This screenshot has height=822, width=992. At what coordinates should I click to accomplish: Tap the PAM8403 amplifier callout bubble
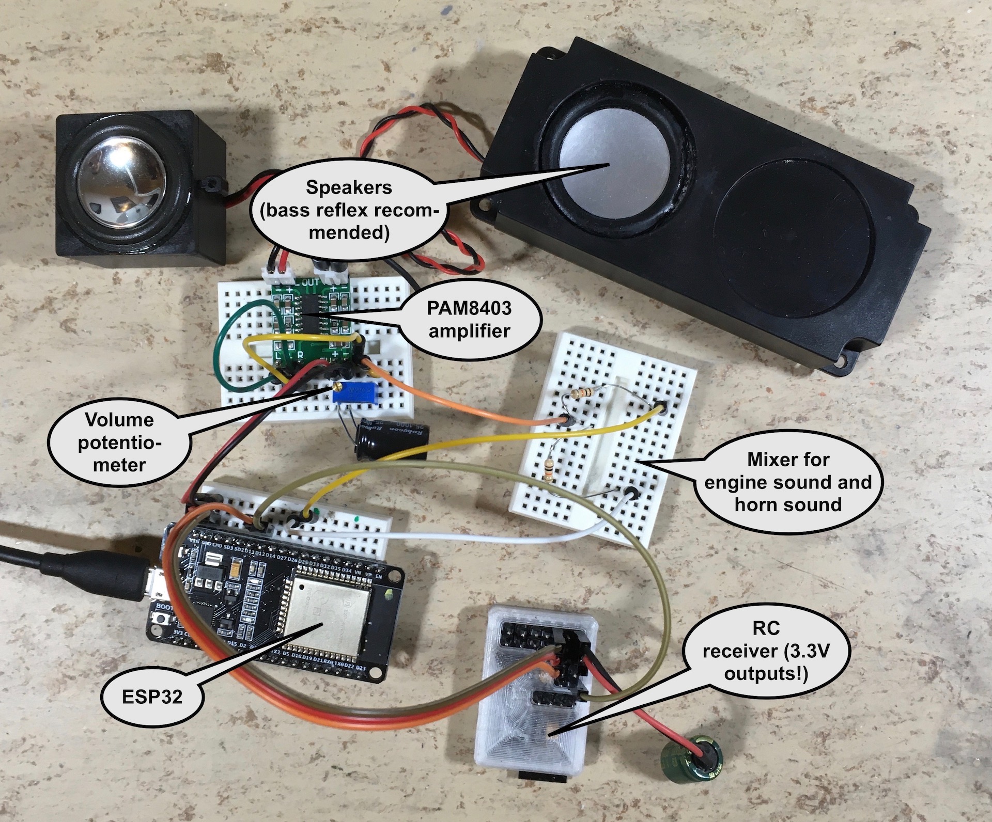pos(469,320)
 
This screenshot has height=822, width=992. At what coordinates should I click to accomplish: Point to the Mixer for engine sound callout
pos(788,482)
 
